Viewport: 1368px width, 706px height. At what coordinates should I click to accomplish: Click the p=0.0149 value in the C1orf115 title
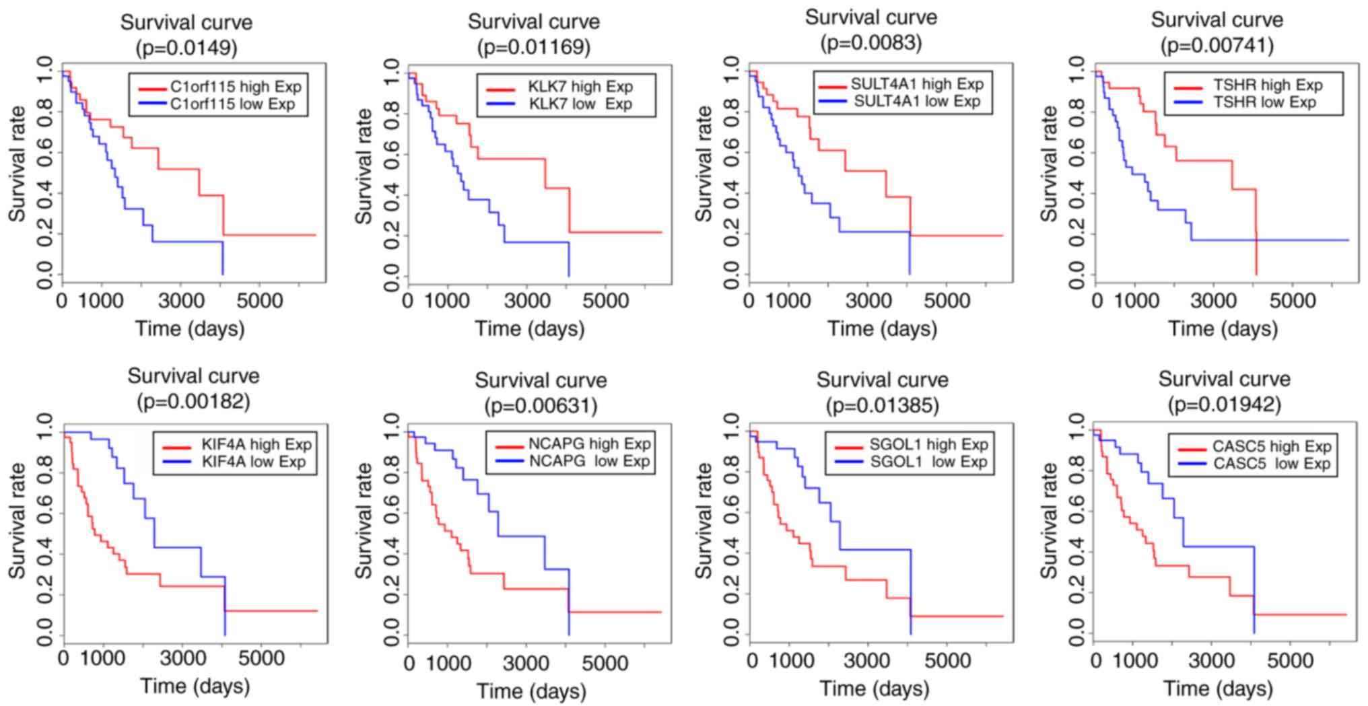[186, 48]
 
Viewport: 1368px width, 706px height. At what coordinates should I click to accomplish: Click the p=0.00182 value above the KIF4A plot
[193, 402]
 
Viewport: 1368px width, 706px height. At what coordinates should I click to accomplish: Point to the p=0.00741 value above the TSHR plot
[1217, 45]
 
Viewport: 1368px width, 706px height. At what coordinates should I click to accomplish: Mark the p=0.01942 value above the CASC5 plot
[1224, 404]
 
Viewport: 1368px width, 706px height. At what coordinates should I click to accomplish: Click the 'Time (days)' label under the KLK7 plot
[530, 329]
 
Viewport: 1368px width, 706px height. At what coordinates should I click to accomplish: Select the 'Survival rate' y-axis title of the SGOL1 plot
[704, 521]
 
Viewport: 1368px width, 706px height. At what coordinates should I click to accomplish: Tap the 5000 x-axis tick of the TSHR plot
[1292, 300]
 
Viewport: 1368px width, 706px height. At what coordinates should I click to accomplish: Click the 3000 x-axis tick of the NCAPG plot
[526, 664]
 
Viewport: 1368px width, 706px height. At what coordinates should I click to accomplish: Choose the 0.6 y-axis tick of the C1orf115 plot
[44, 153]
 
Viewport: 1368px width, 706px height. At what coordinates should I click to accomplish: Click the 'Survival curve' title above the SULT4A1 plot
[870, 17]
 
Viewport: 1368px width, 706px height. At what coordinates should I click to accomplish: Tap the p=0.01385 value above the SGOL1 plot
[882, 405]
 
